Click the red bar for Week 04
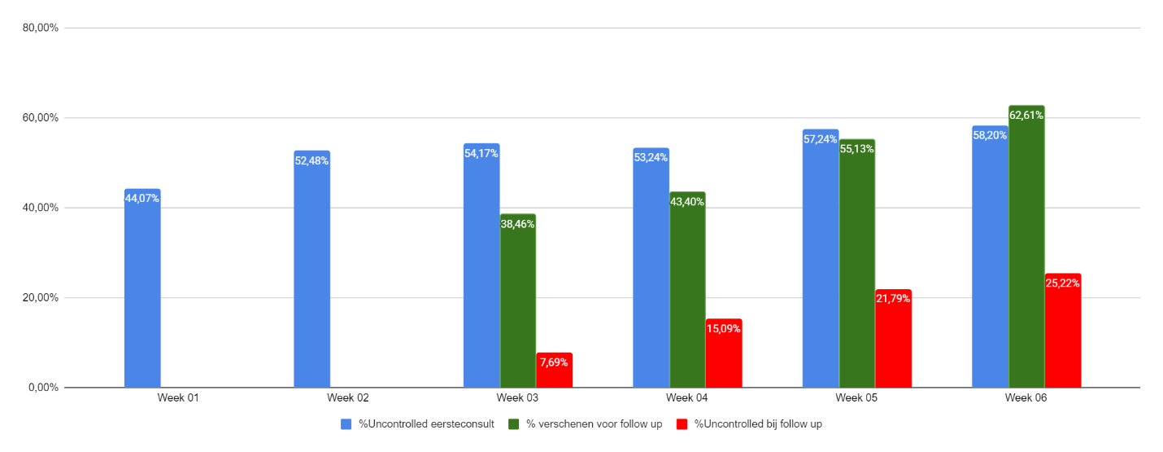coord(724,355)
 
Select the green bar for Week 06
coord(1026,248)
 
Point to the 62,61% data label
coord(1026,116)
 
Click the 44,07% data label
coord(142,198)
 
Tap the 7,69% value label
coord(555,362)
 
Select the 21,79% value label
coord(893,299)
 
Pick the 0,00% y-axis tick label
coord(42,388)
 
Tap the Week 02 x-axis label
coord(348,398)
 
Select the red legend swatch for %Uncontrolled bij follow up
coord(682,424)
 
